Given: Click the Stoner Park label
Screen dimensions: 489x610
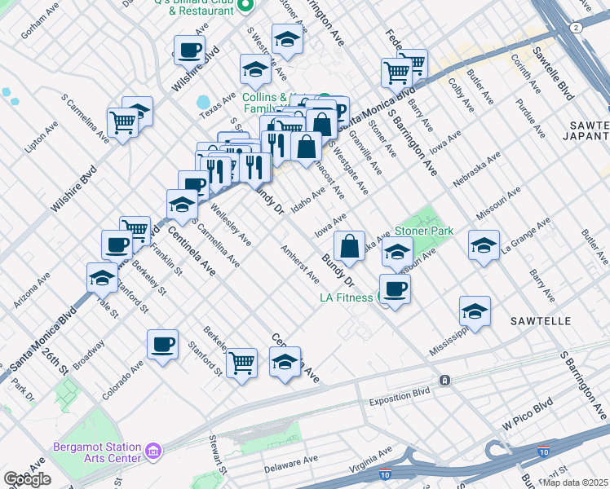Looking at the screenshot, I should point(424,231).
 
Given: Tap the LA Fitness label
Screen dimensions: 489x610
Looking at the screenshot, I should point(347,297).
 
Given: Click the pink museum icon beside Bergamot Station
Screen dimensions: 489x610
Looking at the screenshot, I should point(152,451).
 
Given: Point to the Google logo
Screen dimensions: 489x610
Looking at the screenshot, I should point(27,479).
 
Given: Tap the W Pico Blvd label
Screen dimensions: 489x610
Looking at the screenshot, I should point(528,414).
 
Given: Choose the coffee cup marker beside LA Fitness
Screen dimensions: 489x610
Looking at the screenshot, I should point(395,289).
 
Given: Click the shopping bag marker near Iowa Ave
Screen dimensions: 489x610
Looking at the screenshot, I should point(349,245).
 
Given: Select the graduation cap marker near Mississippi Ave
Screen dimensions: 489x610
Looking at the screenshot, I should point(475,311).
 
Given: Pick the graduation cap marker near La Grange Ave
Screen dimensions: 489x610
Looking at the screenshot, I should point(484,244).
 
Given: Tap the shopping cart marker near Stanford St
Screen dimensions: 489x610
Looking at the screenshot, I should point(241,362).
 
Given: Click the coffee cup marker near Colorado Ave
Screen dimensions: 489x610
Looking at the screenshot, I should point(162,344).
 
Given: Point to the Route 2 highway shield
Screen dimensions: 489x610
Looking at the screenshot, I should point(577,27).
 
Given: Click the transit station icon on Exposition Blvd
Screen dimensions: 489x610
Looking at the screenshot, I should point(444,381).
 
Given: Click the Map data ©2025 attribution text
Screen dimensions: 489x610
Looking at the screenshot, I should point(576,482).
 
